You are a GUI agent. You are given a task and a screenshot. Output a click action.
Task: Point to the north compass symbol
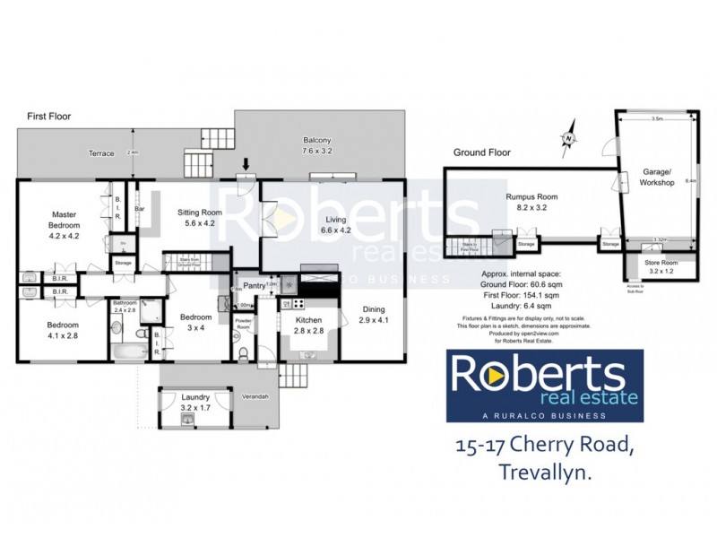[568, 139]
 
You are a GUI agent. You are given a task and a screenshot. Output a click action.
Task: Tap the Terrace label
[101, 153]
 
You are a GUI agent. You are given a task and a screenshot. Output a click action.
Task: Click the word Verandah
[254, 397]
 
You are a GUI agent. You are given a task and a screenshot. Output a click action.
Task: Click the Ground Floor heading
[481, 152]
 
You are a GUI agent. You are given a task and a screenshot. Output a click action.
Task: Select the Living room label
[336, 224]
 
